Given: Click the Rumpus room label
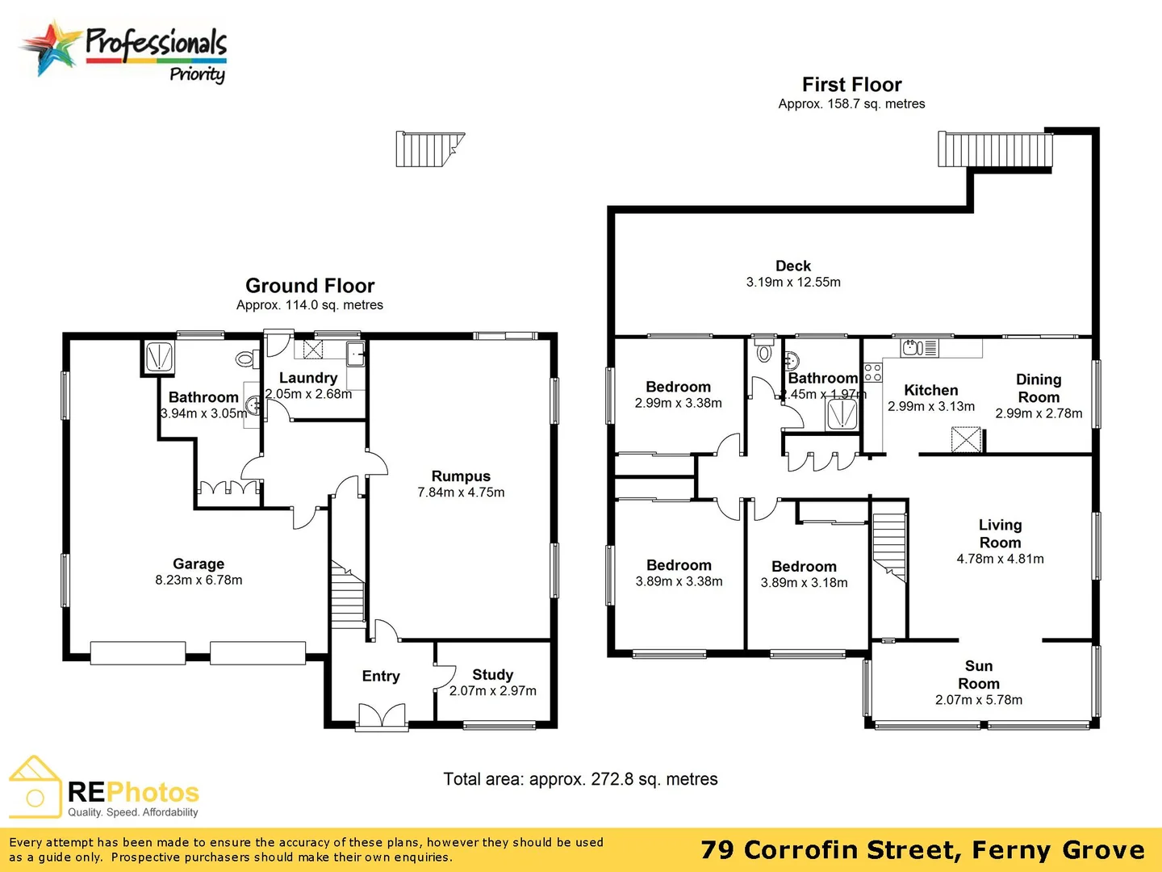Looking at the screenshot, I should pos(461,476).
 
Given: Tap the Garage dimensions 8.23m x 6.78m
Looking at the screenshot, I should pos(199,580).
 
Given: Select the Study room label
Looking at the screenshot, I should pos(492,674).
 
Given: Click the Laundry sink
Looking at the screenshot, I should pos(356,352).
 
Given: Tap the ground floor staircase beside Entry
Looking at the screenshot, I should pos(348,596).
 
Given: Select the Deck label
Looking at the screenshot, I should pos(793,266).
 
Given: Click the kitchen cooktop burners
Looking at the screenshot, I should pos(872,372).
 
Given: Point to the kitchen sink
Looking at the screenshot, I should pos(913,348).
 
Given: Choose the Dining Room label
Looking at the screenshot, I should pos(1039,388).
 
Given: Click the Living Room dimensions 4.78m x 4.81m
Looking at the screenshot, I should pos(1000,559).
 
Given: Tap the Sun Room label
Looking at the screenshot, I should pos(979,674).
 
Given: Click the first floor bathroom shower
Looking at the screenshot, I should pos(842,414).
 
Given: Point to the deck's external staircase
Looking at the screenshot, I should pos(995,149).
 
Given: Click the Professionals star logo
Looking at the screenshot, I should pos(50,48).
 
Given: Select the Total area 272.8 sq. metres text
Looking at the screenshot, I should pos(580,779).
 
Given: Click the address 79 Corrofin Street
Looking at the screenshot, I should pos(922,850).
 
